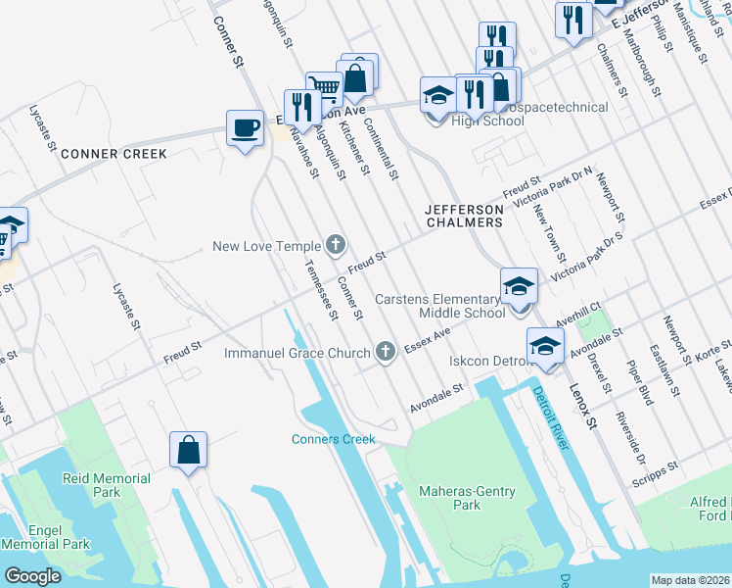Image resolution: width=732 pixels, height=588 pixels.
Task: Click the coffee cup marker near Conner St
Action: click(x=244, y=126)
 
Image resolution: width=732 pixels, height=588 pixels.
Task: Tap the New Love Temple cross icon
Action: click(x=335, y=244)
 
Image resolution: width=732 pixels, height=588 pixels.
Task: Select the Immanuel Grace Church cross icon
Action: click(x=387, y=352)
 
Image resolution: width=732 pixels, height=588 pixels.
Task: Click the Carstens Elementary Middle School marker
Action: click(x=519, y=286)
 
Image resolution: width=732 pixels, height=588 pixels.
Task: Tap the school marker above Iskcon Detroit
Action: click(x=545, y=345)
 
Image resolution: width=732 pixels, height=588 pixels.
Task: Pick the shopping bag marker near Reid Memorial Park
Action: click(x=188, y=450)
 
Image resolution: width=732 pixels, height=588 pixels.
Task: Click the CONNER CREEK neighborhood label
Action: click(x=114, y=154)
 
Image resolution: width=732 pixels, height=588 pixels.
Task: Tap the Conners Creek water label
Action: click(x=333, y=439)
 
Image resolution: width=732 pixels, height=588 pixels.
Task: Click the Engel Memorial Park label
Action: click(x=45, y=537)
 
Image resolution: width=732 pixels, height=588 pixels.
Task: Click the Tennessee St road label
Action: click(x=320, y=291)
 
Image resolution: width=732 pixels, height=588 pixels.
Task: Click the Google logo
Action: click(x=33, y=576)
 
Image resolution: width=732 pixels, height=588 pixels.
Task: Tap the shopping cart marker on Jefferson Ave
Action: click(x=322, y=88)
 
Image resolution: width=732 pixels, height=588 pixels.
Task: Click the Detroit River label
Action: click(x=552, y=418)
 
